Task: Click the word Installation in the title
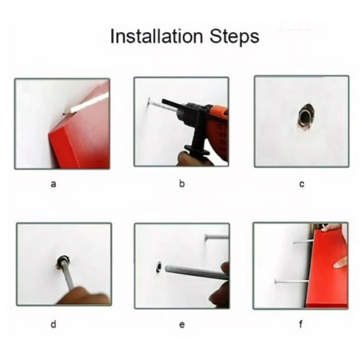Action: pyautogui.click(x=157, y=36)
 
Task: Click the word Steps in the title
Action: pyautogui.click(x=234, y=37)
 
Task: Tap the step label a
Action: pyautogui.click(x=54, y=184)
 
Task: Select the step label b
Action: pyautogui.click(x=182, y=183)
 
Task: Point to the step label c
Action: pyautogui.click(x=302, y=184)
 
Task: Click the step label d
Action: pyautogui.click(x=54, y=324)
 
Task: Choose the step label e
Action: pyautogui.click(x=182, y=325)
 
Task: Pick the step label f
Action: pyautogui.click(x=301, y=324)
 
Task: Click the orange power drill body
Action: pyautogui.click(x=214, y=128)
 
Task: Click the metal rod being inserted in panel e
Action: pyautogui.click(x=197, y=273)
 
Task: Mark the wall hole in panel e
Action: pyautogui.click(x=159, y=267)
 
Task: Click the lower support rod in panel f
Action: pyautogui.click(x=292, y=282)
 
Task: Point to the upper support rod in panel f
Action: pyautogui.click(x=303, y=242)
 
